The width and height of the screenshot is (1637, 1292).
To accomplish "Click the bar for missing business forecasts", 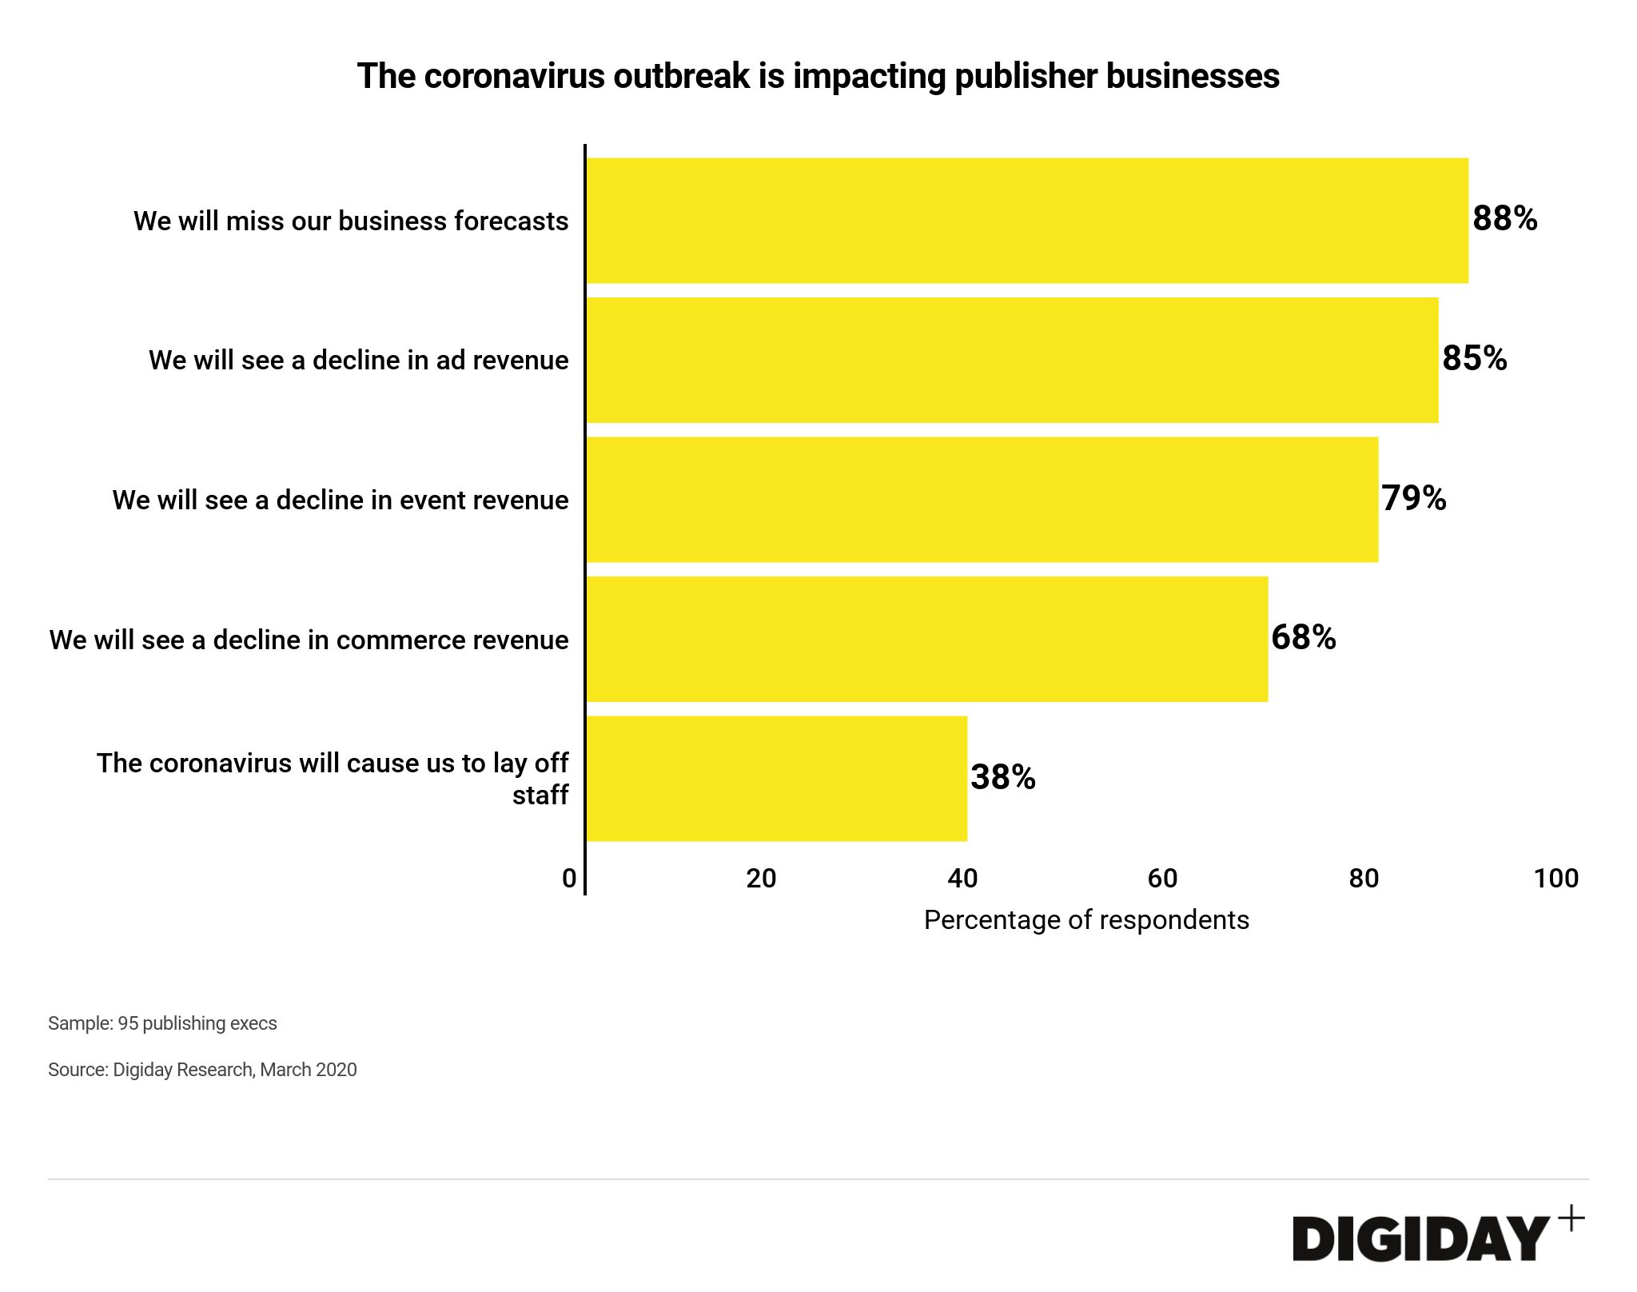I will point(1027,221).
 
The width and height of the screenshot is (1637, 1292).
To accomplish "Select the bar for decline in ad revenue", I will point(1012,360).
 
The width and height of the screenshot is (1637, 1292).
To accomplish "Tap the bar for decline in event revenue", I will point(982,500).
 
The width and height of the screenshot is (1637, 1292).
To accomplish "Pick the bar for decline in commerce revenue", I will point(927,639).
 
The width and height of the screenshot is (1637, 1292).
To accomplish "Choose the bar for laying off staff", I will point(777,779).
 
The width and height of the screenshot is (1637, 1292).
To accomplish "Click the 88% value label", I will point(1504,218).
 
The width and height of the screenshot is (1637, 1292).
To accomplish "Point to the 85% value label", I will point(1474,358).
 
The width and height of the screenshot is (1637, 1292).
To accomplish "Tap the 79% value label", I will point(1414,498).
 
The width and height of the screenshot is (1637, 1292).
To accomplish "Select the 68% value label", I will point(1303,637).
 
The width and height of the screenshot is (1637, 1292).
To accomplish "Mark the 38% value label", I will point(1002,777).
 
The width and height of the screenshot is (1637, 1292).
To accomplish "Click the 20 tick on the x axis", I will point(761,879).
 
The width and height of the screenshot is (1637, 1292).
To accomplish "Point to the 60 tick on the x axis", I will point(1162,879).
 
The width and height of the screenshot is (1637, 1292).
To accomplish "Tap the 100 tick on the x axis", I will point(1555,879).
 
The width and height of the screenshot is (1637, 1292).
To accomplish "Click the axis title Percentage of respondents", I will point(1086,920).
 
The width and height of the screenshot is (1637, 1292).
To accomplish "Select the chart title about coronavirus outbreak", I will point(818,76).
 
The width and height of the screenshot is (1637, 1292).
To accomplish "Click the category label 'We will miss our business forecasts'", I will point(351,221).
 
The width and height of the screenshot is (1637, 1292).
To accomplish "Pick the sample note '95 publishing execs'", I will point(162,1023).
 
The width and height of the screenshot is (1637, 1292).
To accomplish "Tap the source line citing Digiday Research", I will point(202,1070).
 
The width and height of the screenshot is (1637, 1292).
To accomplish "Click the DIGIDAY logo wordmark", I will point(1420,1239).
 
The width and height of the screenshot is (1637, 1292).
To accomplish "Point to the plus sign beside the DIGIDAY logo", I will point(1571,1219).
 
